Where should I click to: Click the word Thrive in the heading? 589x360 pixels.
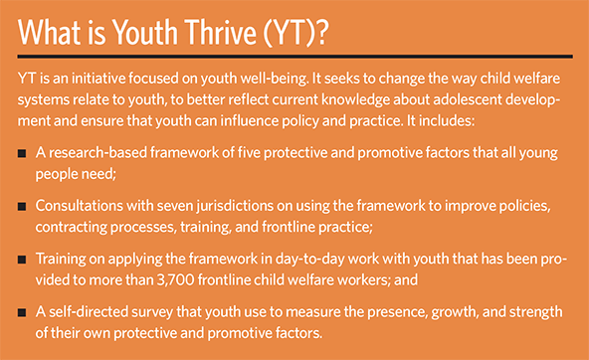tap(221, 32)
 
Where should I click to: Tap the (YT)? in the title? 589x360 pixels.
tap(295, 33)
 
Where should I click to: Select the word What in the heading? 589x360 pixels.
tap(50, 32)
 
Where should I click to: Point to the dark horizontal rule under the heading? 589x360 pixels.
tap(294, 57)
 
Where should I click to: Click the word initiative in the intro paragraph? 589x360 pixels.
tap(98, 79)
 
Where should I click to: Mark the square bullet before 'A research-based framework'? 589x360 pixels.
tap(22, 153)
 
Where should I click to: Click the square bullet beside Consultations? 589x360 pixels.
tap(22, 206)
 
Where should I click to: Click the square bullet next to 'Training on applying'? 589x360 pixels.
tap(22, 260)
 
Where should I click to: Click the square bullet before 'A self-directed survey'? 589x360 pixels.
tap(22, 312)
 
